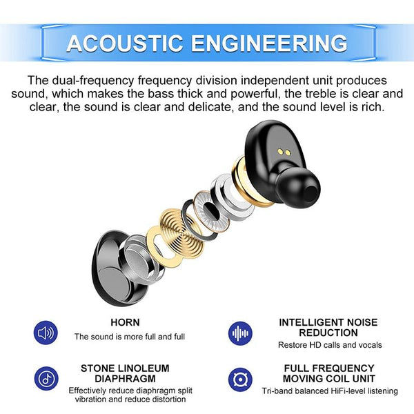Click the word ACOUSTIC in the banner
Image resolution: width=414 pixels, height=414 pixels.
click(x=124, y=43)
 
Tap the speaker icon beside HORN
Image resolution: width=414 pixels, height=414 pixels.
click(x=46, y=333)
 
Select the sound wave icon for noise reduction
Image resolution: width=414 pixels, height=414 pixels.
click(x=239, y=333)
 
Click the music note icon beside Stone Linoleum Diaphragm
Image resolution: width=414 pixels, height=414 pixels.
click(x=46, y=379)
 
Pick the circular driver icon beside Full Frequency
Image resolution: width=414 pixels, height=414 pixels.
click(x=239, y=379)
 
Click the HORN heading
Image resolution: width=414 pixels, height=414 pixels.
click(x=125, y=322)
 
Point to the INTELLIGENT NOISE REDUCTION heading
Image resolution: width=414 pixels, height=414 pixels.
click(x=328, y=327)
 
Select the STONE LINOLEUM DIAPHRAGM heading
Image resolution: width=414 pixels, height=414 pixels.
click(x=125, y=373)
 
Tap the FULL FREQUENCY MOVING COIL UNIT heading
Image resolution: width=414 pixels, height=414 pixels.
click(x=328, y=373)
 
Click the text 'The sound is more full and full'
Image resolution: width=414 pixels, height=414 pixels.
click(x=130, y=337)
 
